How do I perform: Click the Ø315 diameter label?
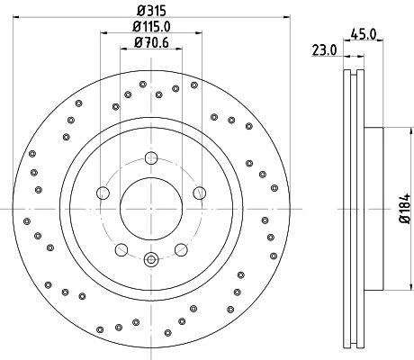151,11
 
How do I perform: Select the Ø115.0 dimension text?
151,27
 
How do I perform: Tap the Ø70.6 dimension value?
151,42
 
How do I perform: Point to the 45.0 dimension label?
363,34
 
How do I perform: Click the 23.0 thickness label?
325,50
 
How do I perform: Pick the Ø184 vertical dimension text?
405,209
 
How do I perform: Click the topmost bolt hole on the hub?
151,158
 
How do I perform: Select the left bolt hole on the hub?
103,193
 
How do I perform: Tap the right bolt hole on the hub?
199,193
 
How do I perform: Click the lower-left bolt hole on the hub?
121,249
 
